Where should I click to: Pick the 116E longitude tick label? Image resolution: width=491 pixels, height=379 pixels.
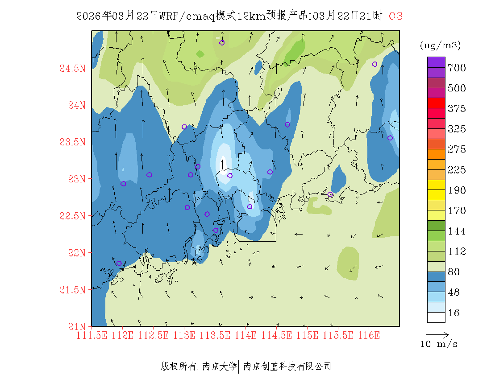(369, 335)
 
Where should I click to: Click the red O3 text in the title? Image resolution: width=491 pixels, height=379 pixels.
(396, 16)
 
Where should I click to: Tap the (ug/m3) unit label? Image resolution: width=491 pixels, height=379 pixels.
(440, 45)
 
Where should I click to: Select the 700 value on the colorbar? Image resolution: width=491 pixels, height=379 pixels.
(457, 68)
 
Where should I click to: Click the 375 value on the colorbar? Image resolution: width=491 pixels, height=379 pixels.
(457, 109)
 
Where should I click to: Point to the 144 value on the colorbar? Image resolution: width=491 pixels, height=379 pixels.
(457, 231)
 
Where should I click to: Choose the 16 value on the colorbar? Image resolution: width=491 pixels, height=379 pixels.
(454, 313)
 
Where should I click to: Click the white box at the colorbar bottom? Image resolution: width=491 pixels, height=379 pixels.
(436, 317)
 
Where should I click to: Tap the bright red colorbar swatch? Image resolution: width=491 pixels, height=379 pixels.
(436, 103)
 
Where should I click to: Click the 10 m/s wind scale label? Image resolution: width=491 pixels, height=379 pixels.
(439, 344)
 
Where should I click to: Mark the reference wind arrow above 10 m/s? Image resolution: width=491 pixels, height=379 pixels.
(437, 334)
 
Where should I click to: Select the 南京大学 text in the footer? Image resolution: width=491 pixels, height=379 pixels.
(219, 367)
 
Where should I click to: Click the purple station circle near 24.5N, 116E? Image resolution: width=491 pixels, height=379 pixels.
(374, 64)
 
